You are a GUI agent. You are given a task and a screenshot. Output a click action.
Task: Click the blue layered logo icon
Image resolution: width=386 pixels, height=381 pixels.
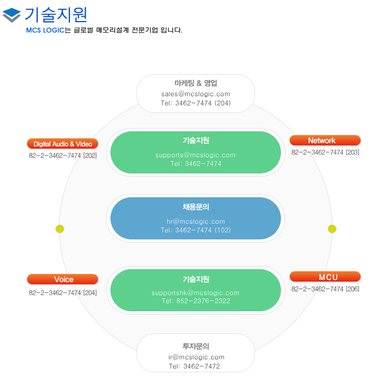[x=11, y=15]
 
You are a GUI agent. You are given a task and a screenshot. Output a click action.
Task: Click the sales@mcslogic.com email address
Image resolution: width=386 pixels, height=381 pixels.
[x=196, y=94]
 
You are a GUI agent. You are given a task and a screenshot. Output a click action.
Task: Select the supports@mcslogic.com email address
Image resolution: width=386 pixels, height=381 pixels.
[x=195, y=155]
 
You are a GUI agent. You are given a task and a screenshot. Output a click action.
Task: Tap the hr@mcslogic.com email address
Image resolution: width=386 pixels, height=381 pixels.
[x=196, y=222]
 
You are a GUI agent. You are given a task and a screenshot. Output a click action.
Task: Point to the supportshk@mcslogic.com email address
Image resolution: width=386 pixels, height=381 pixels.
[x=195, y=293]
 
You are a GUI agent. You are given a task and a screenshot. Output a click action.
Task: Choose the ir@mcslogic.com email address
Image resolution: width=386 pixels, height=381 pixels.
[x=197, y=357]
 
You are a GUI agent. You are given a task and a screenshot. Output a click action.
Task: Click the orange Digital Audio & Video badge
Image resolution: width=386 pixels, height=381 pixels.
[x=62, y=144]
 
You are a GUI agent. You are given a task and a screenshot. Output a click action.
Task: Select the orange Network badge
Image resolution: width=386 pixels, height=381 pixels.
[x=325, y=141]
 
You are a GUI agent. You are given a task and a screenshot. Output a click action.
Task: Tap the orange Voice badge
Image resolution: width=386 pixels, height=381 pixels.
[x=62, y=279]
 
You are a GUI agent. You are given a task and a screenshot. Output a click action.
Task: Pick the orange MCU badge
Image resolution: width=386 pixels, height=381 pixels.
[x=325, y=277]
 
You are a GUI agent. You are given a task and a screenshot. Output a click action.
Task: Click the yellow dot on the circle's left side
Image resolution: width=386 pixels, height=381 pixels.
[x=60, y=229]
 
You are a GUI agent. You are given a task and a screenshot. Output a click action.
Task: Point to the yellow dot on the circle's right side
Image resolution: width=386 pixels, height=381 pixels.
[x=332, y=229]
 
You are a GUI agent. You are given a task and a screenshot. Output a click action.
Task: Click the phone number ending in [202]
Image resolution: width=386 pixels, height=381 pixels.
[x=63, y=156]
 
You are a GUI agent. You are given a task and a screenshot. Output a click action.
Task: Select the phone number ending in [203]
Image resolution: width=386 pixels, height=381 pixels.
[x=325, y=152]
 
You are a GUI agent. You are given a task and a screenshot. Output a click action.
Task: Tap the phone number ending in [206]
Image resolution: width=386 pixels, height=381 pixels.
[x=325, y=289]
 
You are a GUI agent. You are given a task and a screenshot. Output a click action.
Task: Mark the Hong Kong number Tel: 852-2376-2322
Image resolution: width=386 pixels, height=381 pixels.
[x=196, y=301]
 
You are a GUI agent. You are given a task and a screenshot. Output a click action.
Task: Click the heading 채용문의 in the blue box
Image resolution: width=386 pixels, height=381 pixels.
[x=196, y=207]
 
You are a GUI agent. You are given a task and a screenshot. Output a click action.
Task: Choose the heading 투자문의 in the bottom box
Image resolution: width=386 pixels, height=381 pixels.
[x=196, y=346]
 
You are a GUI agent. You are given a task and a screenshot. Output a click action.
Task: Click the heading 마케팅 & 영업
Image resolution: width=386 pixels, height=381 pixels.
[x=196, y=83]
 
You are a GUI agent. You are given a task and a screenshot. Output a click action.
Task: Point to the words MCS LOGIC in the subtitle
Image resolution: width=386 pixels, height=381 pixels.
[x=45, y=30]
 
